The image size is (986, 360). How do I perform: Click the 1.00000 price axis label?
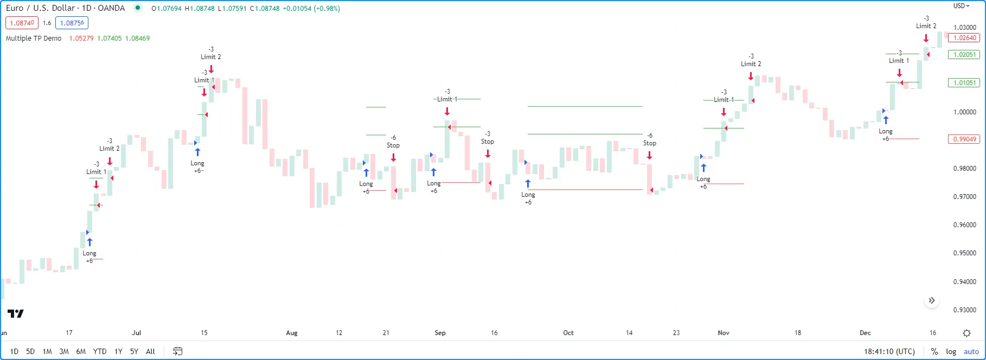tap(964, 112)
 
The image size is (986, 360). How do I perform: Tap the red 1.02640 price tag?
tap(964, 38)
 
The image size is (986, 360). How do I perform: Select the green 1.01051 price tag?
tap(964, 83)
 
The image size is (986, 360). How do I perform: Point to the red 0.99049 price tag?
tap(964, 139)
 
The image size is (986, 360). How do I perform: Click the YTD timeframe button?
tap(100, 351)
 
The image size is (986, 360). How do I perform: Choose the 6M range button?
tap(81, 351)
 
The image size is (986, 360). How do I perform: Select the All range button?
tap(150, 351)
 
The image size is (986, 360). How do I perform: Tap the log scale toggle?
tap(951, 351)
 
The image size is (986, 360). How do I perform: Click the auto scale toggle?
tap(971, 351)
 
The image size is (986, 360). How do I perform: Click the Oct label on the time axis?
tap(568, 333)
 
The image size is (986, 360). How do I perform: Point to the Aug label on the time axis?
tap(292, 333)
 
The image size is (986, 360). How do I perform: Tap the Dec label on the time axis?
tap(865, 333)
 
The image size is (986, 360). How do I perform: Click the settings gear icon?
tap(966, 333)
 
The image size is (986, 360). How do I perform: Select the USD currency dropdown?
tap(961, 6)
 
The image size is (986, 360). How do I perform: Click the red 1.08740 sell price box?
tap(22, 23)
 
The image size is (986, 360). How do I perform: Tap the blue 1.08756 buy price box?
tap(72, 23)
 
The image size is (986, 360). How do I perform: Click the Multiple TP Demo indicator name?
tap(34, 38)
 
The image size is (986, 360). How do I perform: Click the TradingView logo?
tap(16, 313)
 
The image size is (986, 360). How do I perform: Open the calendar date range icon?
tap(177, 351)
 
